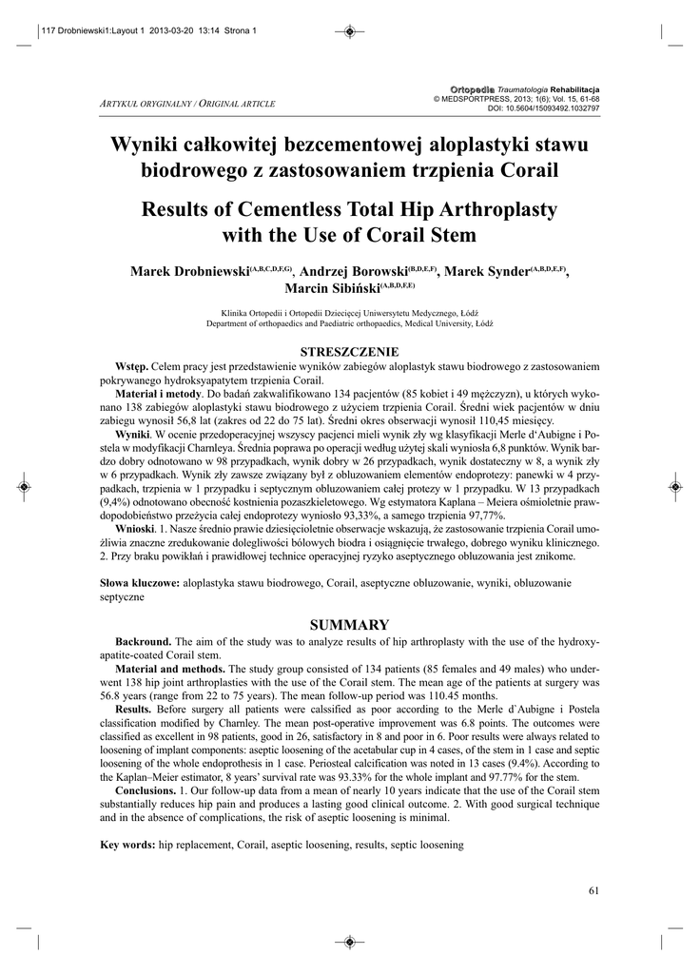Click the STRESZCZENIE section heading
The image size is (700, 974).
click(349, 351)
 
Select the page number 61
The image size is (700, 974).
click(594, 890)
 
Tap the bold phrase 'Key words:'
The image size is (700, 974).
click(128, 844)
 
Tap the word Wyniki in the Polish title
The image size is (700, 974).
click(146, 145)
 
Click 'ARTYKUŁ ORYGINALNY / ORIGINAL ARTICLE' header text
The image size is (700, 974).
click(187, 102)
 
